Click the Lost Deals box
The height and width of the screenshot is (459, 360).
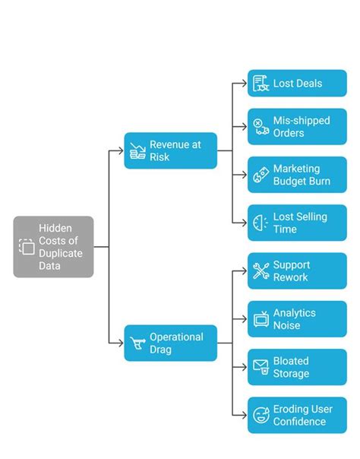[x=297, y=84]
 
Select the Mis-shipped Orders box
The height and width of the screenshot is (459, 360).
[x=297, y=126]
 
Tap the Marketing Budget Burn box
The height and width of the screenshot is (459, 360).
[x=297, y=175]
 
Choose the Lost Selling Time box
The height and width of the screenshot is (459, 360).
[x=297, y=223]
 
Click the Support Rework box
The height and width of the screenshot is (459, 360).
[x=297, y=271]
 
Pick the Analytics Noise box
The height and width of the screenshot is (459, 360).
[x=297, y=319]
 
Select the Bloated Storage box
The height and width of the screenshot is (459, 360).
[x=297, y=367]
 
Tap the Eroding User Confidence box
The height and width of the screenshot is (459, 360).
[x=297, y=415]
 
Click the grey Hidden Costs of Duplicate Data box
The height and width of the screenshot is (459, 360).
[x=53, y=246]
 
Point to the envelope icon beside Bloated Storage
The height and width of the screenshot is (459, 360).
[x=261, y=368]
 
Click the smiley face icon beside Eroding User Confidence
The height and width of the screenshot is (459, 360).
[x=261, y=416]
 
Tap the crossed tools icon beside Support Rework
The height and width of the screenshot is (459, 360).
[x=261, y=271]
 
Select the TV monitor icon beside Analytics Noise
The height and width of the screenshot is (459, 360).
[x=261, y=320]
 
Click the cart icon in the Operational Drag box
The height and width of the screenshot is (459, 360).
[x=137, y=343]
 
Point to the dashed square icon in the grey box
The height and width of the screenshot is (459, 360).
[x=27, y=246]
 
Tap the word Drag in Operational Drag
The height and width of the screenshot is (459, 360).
[x=161, y=350]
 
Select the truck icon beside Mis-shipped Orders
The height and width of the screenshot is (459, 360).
[x=261, y=127]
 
